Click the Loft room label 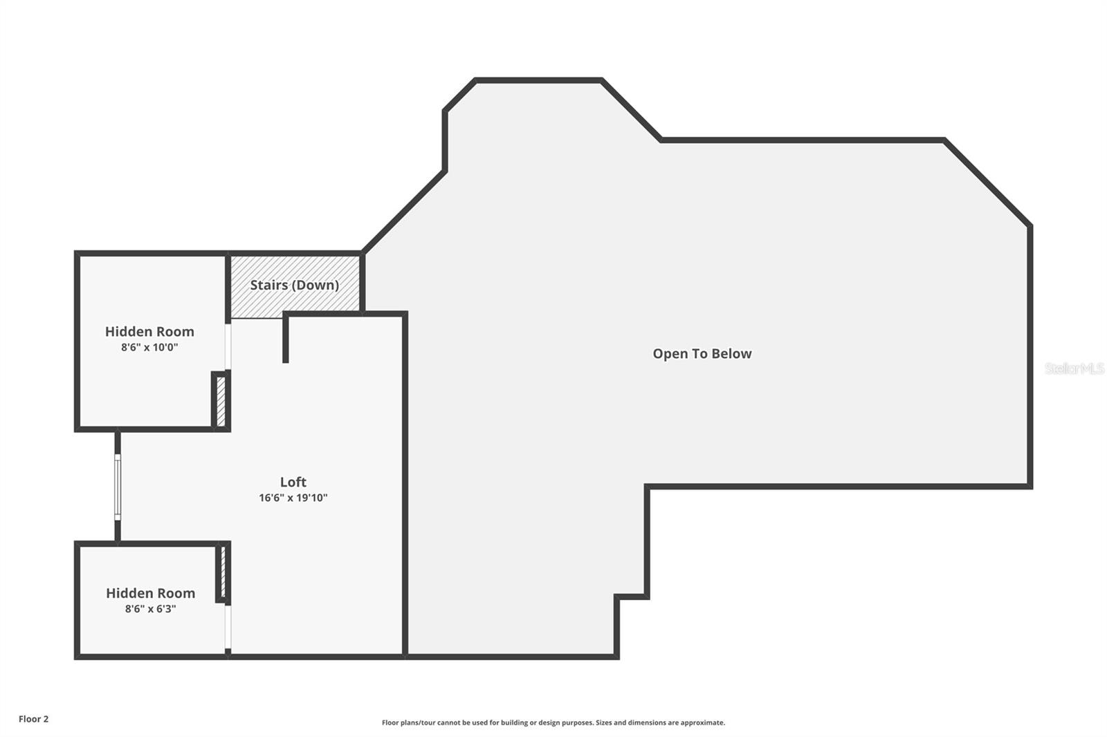point(293,482)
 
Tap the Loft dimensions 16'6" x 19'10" point(293,498)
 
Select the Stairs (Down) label point(294,285)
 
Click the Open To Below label point(702,353)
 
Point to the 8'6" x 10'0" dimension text point(149,347)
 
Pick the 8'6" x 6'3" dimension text point(150,609)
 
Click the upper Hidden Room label point(149,331)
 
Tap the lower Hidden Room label point(150,593)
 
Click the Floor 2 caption point(33,719)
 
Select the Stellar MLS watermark point(1074,368)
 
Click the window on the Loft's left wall point(118,487)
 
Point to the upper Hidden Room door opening point(228,346)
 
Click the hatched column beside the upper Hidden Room point(221,401)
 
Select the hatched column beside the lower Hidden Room point(223,572)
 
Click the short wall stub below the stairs point(286,339)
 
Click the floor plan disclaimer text point(553,722)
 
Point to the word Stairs point(268,285)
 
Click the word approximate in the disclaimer point(702,722)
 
